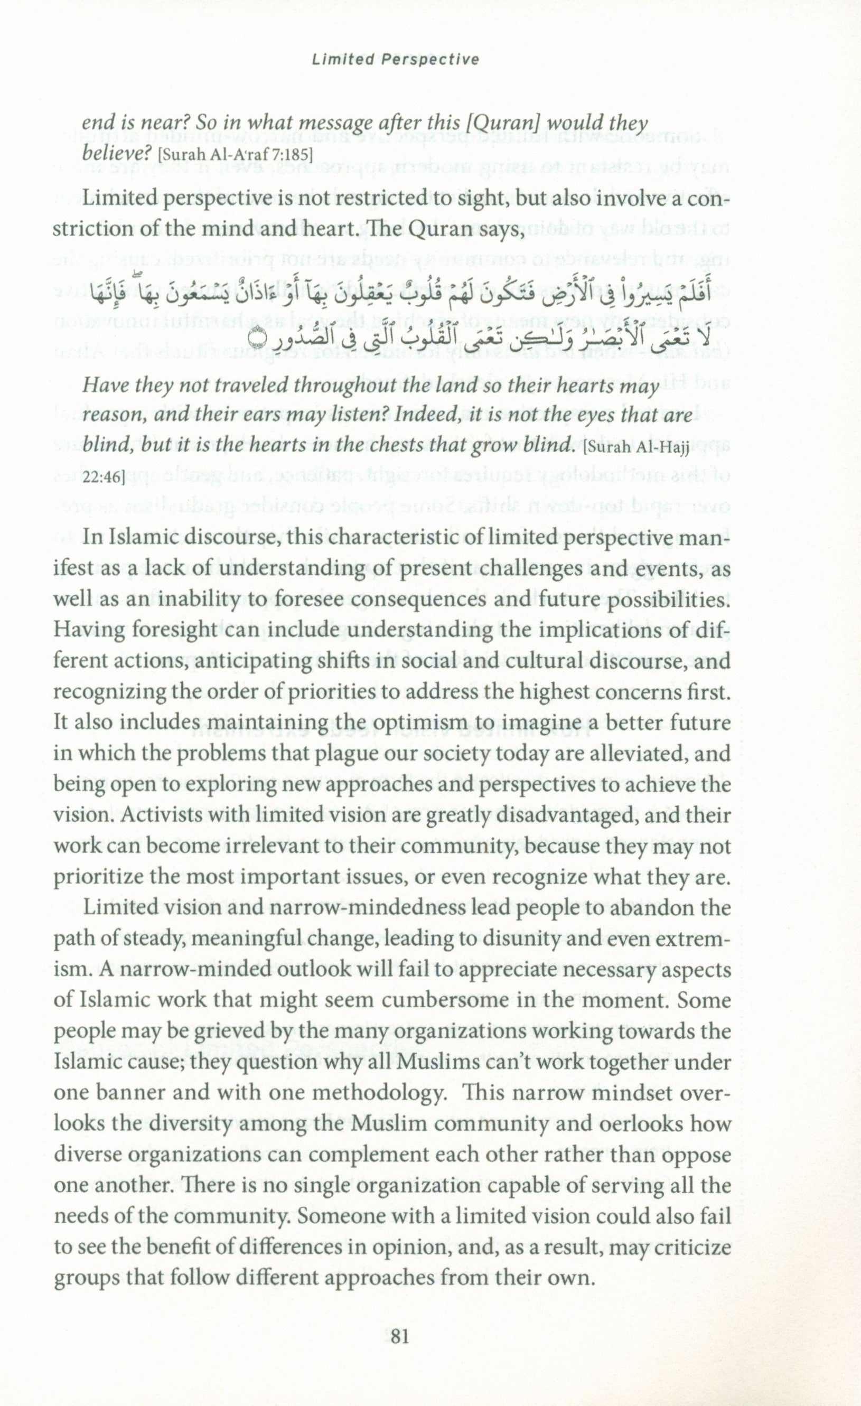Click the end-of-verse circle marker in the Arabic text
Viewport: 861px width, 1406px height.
coord(258,341)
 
